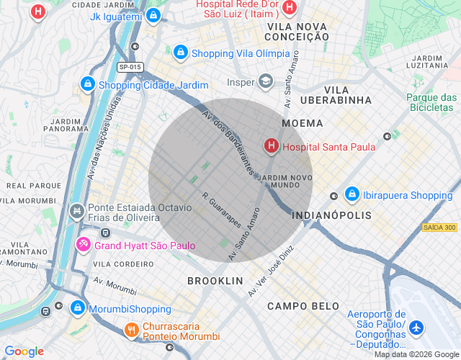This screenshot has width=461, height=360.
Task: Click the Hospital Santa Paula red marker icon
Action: [x=272, y=147]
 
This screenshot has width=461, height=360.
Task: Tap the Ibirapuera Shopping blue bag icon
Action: [x=352, y=195]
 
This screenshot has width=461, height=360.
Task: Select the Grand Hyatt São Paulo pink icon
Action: [x=83, y=246]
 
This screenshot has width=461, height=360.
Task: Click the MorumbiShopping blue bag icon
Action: [x=77, y=309]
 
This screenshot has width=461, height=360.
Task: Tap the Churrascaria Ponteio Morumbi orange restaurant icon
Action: [x=130, y=331]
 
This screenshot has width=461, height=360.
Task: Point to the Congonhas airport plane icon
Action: [x=416, y=327]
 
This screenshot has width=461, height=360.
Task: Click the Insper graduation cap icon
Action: [x=267, y=82]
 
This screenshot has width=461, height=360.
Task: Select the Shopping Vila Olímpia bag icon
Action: [x=180, y=53]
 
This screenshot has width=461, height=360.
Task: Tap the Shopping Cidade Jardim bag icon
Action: [x=87, y=84]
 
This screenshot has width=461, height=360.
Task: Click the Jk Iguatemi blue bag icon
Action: [x=153, y=15]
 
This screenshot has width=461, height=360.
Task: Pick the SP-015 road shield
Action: [x=130, y=67]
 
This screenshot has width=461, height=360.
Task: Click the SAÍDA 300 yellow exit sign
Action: [x=439, y=228]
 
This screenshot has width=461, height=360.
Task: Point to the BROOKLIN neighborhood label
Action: [x=215, y=280]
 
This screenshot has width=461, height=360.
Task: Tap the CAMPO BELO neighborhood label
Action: [x=303, y=306]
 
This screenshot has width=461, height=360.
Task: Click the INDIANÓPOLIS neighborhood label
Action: [x=332, y=215]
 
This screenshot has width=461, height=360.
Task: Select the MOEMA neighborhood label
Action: [x=303, y=123]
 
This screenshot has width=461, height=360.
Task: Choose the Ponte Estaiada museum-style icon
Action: [x=76, y=211]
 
